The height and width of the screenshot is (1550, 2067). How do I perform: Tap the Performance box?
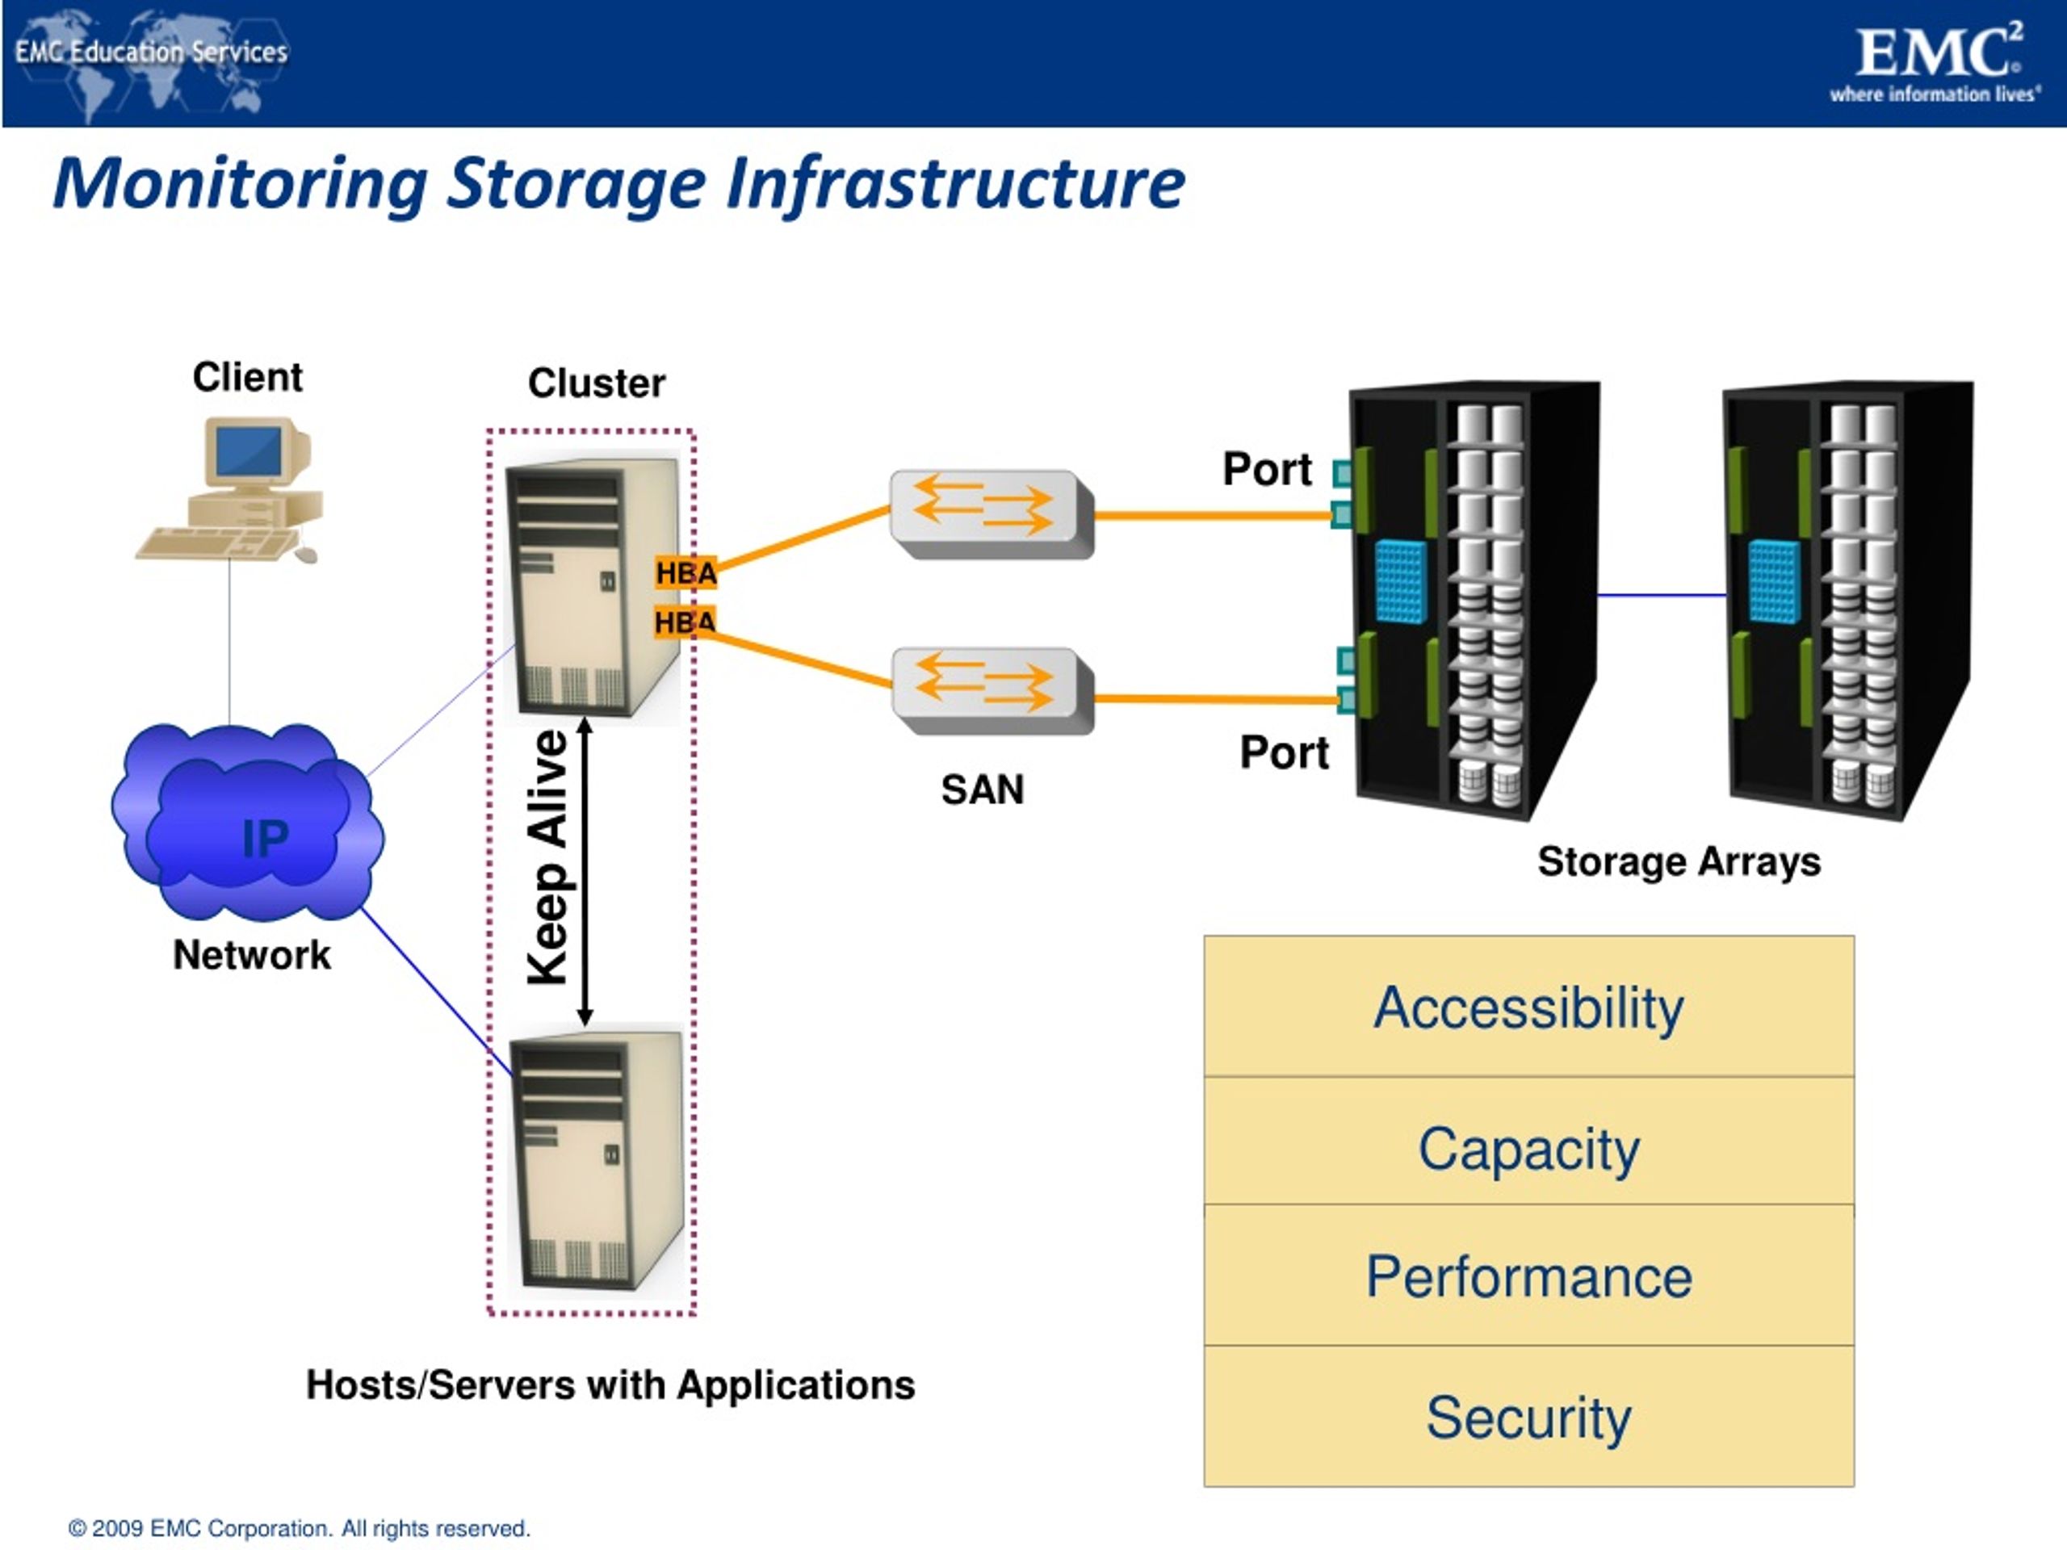click(1528, 1276)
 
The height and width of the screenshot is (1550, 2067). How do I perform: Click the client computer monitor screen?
click(249, 452)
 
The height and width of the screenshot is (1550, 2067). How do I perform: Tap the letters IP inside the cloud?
click(265, 838)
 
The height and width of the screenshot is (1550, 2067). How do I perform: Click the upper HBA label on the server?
click(685, 572)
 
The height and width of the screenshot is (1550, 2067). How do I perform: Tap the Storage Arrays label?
click(1679, 861)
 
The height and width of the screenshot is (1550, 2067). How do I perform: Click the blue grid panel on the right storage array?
click(1772, 581)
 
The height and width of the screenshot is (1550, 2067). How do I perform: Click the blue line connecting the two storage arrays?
click(1662, 594)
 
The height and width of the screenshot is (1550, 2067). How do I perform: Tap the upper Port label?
click(1267, 469)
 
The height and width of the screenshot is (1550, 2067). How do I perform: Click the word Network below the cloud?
click(251, 955)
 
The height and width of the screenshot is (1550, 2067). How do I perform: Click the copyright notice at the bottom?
click(299, 1528)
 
